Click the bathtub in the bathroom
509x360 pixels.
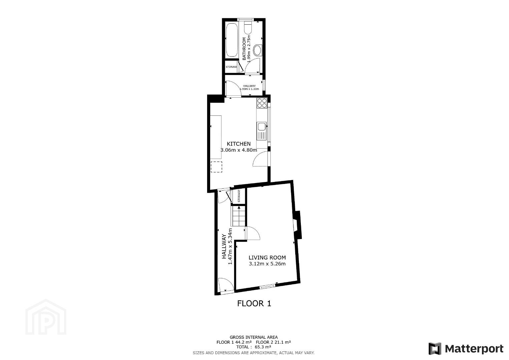232,40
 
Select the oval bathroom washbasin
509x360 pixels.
258,50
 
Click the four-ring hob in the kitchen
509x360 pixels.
262,103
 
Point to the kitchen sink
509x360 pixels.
262,131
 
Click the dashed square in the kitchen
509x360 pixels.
216,167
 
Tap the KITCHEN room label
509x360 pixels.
238,144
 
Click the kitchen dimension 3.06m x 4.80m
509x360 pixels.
239,150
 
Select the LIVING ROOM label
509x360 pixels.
267,258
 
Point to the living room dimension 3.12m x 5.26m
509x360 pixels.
267,264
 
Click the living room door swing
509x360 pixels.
253,233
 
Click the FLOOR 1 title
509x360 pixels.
254,303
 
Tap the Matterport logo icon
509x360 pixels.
435,349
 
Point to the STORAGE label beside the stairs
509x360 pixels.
239,196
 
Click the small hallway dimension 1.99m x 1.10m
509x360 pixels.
249,89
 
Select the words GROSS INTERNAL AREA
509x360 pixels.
253,337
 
